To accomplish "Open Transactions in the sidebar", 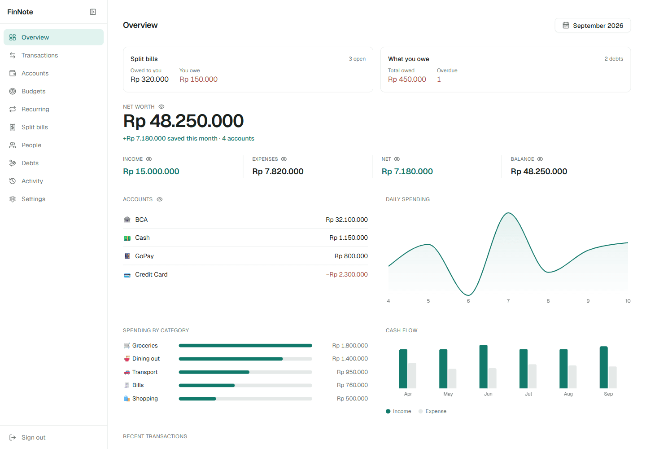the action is point(39,55).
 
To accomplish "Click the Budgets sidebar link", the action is point(34,91).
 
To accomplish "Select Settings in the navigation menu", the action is point(33,199).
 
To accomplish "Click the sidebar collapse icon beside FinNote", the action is point(93,12).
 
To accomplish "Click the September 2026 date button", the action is point(593,26).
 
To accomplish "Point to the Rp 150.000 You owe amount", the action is point(198,79).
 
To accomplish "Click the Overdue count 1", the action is point(439,79).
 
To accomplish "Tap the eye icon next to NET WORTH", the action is point(161,107).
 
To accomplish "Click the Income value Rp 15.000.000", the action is point(151,172).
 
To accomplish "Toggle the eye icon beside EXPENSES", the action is point(284,159).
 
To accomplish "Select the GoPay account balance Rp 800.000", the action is point(351,256).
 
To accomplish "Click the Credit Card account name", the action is point(151,274).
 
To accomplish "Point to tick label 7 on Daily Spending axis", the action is point(508,301).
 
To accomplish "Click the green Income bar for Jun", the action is point(483,366).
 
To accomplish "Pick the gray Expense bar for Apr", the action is point(412,375).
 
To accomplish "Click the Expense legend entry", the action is point(432,411).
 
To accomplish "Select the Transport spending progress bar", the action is point(245,372).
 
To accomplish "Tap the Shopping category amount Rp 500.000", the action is point(352,399).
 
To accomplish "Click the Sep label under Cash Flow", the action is point(608,394).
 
